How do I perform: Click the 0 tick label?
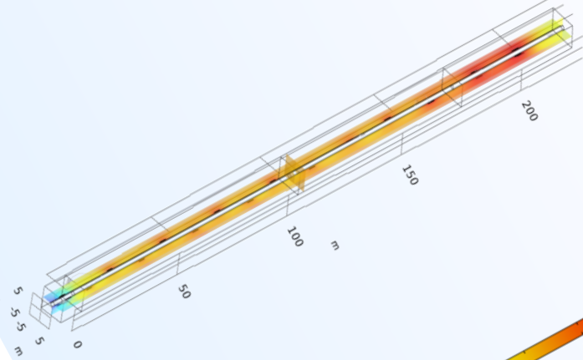(77, 344)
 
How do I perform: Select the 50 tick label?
(184, 292)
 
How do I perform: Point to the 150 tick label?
(409, 175)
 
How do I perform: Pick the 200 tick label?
(529, 110)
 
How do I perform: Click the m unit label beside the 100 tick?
(335, 245)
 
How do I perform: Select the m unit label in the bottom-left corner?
(18, 352)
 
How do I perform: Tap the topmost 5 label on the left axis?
(18, 292)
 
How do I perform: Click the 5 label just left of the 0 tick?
(38, 341)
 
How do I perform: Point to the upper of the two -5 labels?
(14, 311)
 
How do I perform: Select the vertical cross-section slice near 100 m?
(293, 174)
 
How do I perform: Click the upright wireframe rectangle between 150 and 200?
(451, 83)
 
